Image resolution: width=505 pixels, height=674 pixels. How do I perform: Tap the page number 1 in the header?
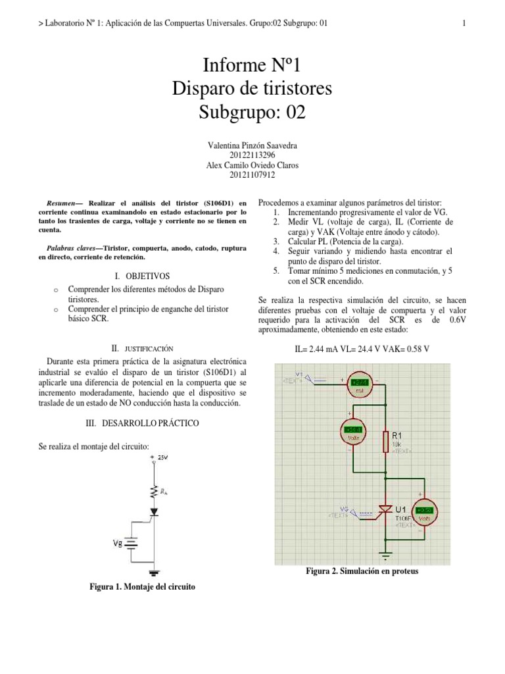pos(464,24)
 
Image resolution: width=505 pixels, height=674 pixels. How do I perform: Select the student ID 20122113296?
pos(252,155)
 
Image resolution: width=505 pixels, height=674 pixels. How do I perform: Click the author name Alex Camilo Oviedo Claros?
pos(252,165)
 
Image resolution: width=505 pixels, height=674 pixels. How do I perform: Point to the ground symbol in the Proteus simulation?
pos(385,554)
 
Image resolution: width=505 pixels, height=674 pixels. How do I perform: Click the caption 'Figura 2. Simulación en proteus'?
pos(362,571)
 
